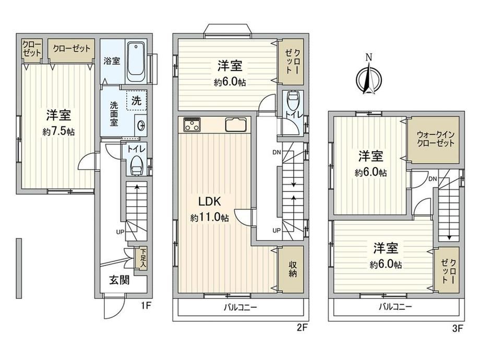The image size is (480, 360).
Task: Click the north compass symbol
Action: [x=369, y=78]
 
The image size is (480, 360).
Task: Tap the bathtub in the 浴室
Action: [x=136, y=62]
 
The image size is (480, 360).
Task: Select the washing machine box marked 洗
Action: [x=137, y=100]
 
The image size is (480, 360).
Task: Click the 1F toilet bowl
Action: [x=136, y=165]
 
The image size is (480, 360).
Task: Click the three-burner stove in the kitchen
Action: [x=192, y=125]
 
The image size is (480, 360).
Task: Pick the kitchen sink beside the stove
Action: [x=236, y=125]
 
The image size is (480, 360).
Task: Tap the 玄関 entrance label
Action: [x=119, y=280]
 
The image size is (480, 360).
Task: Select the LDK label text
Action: [x=210, y=201]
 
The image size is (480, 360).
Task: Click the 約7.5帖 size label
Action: [x=59, y=132]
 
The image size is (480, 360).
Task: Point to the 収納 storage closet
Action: [x=292, y=270]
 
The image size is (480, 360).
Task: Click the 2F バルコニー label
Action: [x=241, y=307]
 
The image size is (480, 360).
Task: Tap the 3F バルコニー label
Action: [x=395, y=307]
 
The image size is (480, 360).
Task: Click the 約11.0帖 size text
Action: [x=210, y=218]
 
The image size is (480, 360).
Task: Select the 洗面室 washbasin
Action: [x=141, y=125]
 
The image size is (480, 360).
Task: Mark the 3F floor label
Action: [x=458, y=329]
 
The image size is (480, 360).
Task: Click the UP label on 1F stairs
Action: [x=120, y=232]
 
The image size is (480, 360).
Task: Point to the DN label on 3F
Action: [x=433, y=179]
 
